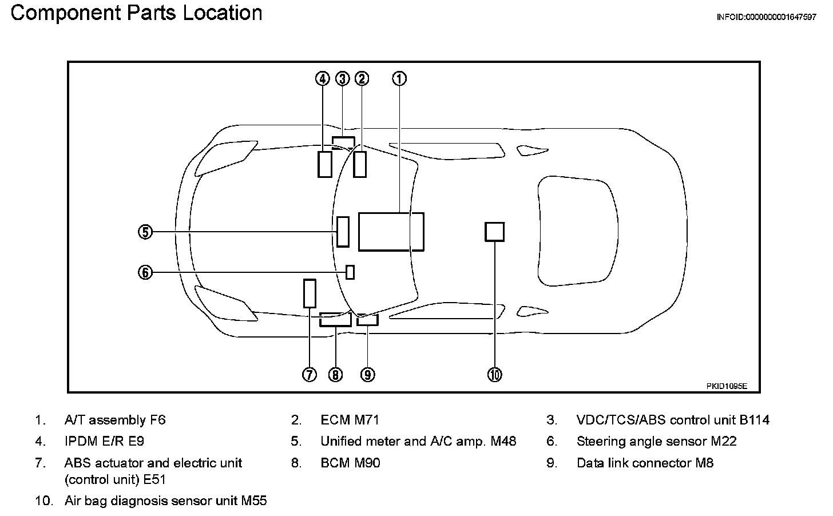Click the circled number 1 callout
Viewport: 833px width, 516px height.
pos(400,78)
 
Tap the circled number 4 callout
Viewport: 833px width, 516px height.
pos(323,78)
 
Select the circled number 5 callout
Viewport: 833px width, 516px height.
pos(145,232)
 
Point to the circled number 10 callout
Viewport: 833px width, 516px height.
pos(494,375)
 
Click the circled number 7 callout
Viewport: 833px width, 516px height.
pos(309,375)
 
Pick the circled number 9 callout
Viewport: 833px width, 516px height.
pos(367,375)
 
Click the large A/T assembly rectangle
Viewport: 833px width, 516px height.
pos(391,232)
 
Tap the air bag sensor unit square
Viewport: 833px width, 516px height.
pos(495,232)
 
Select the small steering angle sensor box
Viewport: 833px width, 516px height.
pos(350,272)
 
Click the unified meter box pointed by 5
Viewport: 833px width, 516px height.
pos(343,232)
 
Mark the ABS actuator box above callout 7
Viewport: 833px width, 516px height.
pos(310,293)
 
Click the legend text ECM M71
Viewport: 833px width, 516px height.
pos(350,420)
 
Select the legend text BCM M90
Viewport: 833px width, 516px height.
pos(350,463)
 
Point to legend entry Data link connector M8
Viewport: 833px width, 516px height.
pos(645,463)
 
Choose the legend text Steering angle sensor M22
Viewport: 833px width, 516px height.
pos(656,442)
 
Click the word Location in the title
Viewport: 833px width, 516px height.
pos(223,13)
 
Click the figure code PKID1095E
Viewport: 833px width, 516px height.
pos(727,386)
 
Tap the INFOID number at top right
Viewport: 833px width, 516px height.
pos(766,17)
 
